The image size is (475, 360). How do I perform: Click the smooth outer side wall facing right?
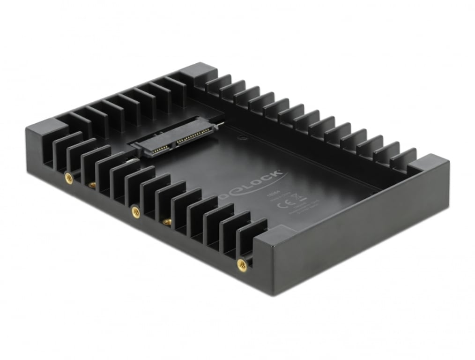(x=370, y=230)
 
